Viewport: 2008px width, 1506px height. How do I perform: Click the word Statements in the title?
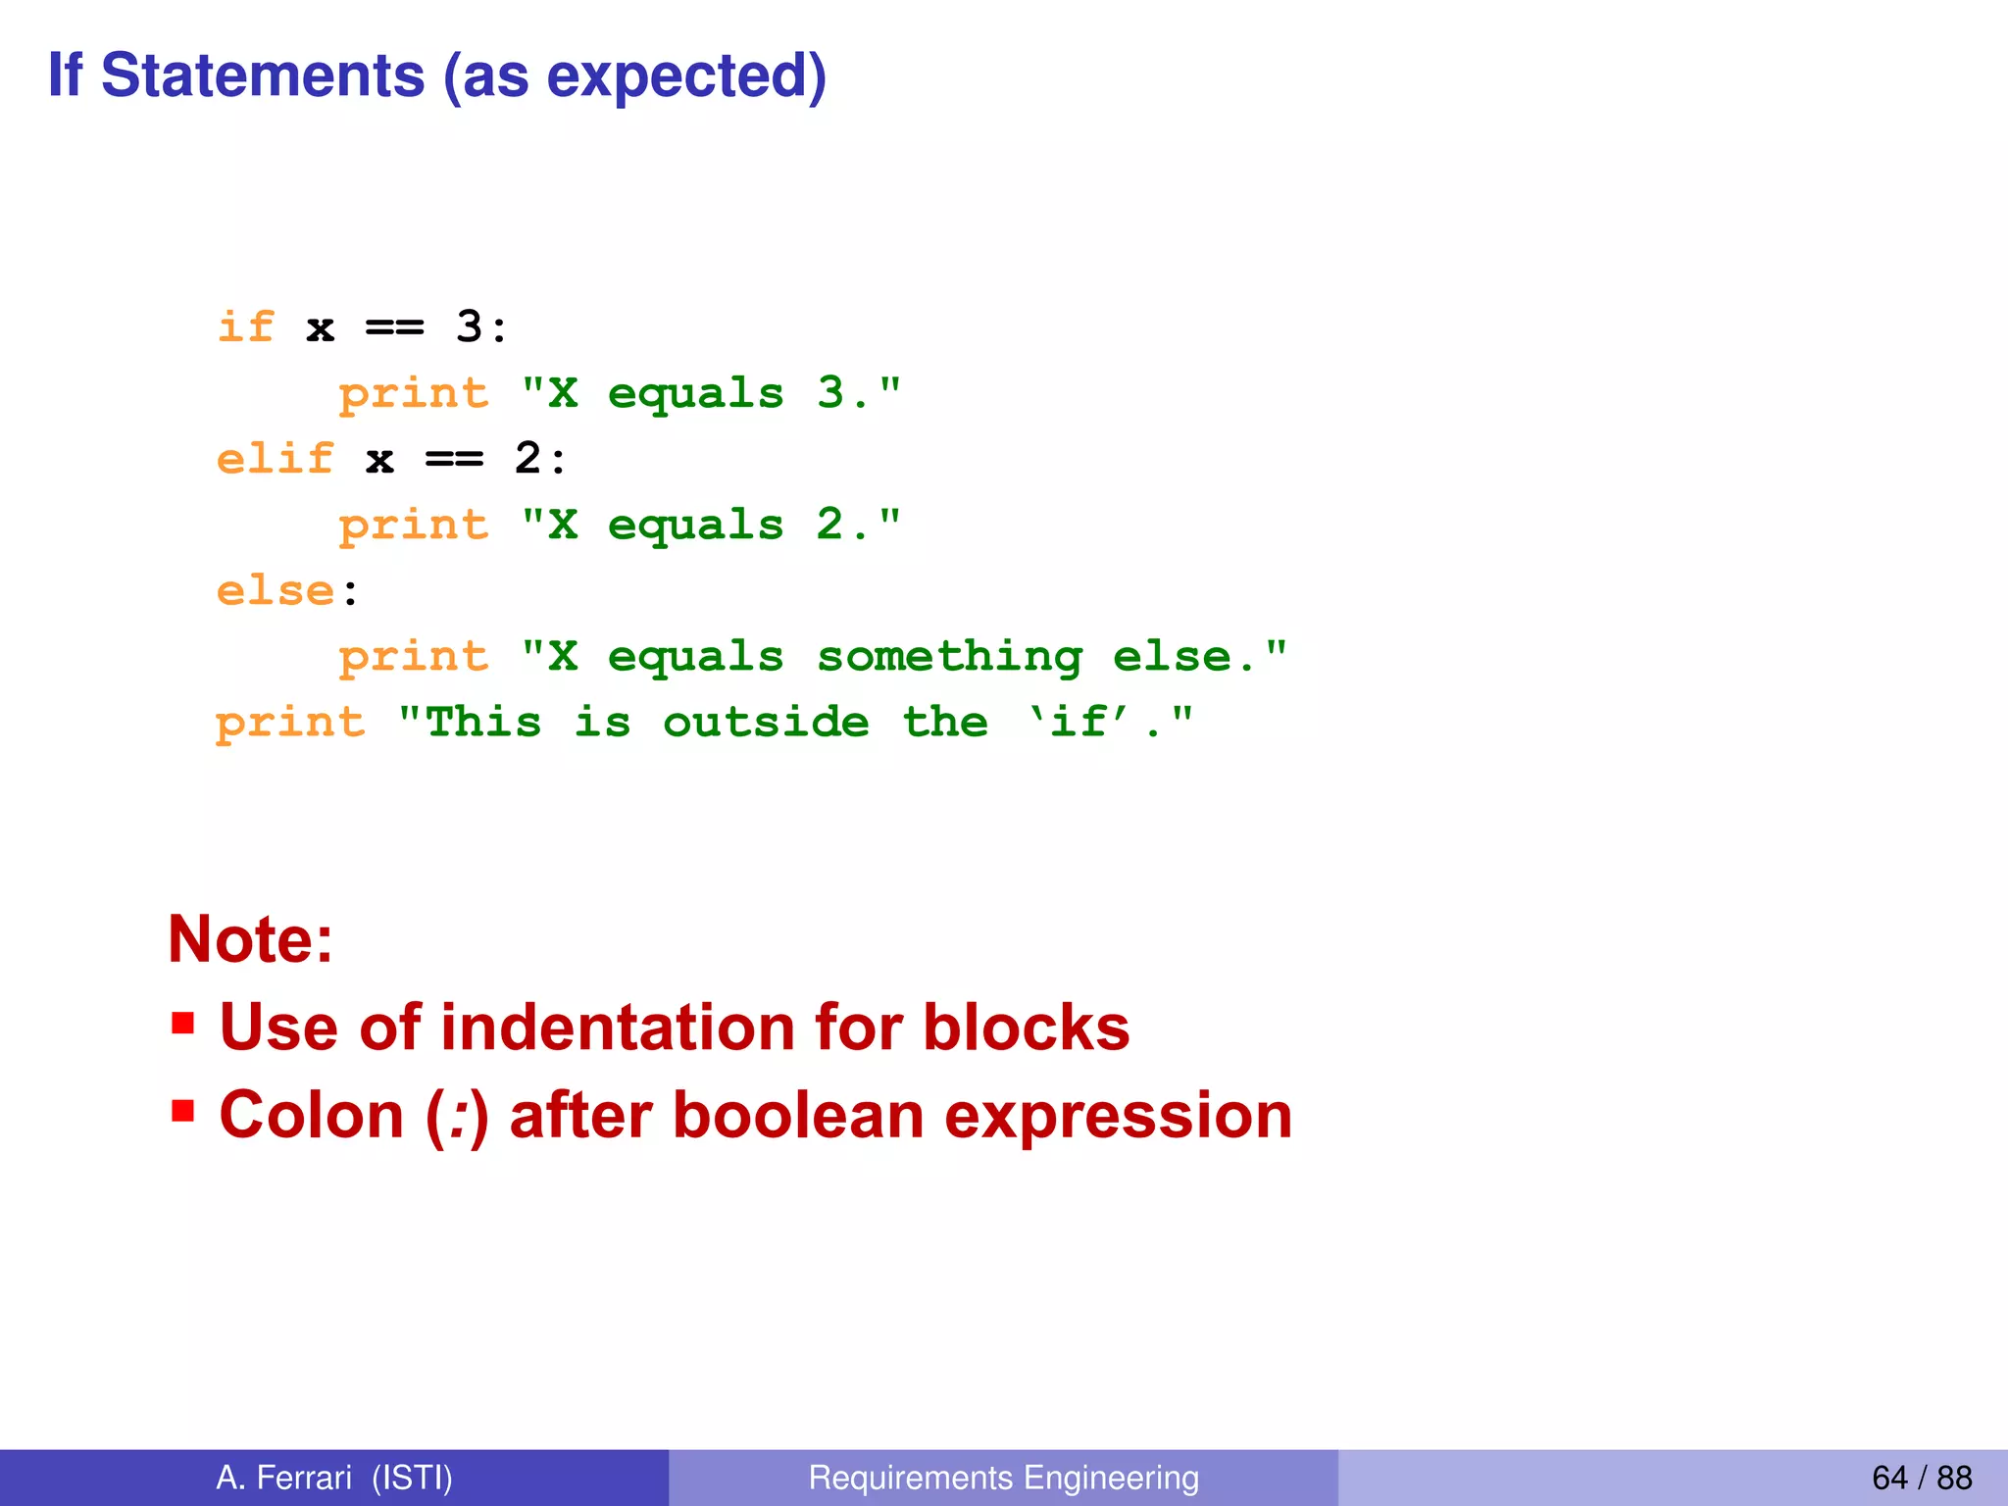click(x=262, y=75)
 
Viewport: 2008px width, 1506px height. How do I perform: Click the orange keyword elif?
click(x=276, y=459)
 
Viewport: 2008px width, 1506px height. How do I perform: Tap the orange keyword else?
click(x=276, y=591)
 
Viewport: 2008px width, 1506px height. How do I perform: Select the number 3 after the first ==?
click(x=469, y=326)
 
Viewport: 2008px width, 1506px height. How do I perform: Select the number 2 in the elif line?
click(x=527, y=459)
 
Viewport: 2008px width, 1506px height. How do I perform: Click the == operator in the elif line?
click(x=454, y=460)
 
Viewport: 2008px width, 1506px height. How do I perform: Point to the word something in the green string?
click(x=949, y=657)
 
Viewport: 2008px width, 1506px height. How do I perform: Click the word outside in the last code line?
click(x=766, y=723)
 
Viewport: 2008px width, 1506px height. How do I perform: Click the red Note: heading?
click(x=251, y=939)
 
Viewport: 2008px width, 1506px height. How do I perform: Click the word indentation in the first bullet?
click(x=618, y=1028)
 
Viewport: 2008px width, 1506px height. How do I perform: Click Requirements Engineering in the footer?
click(x=1003, y=1478)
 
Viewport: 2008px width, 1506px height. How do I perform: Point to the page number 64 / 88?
click(x=1921, y=1478)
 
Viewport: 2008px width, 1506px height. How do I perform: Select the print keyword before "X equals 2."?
click(x=413, y=527)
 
